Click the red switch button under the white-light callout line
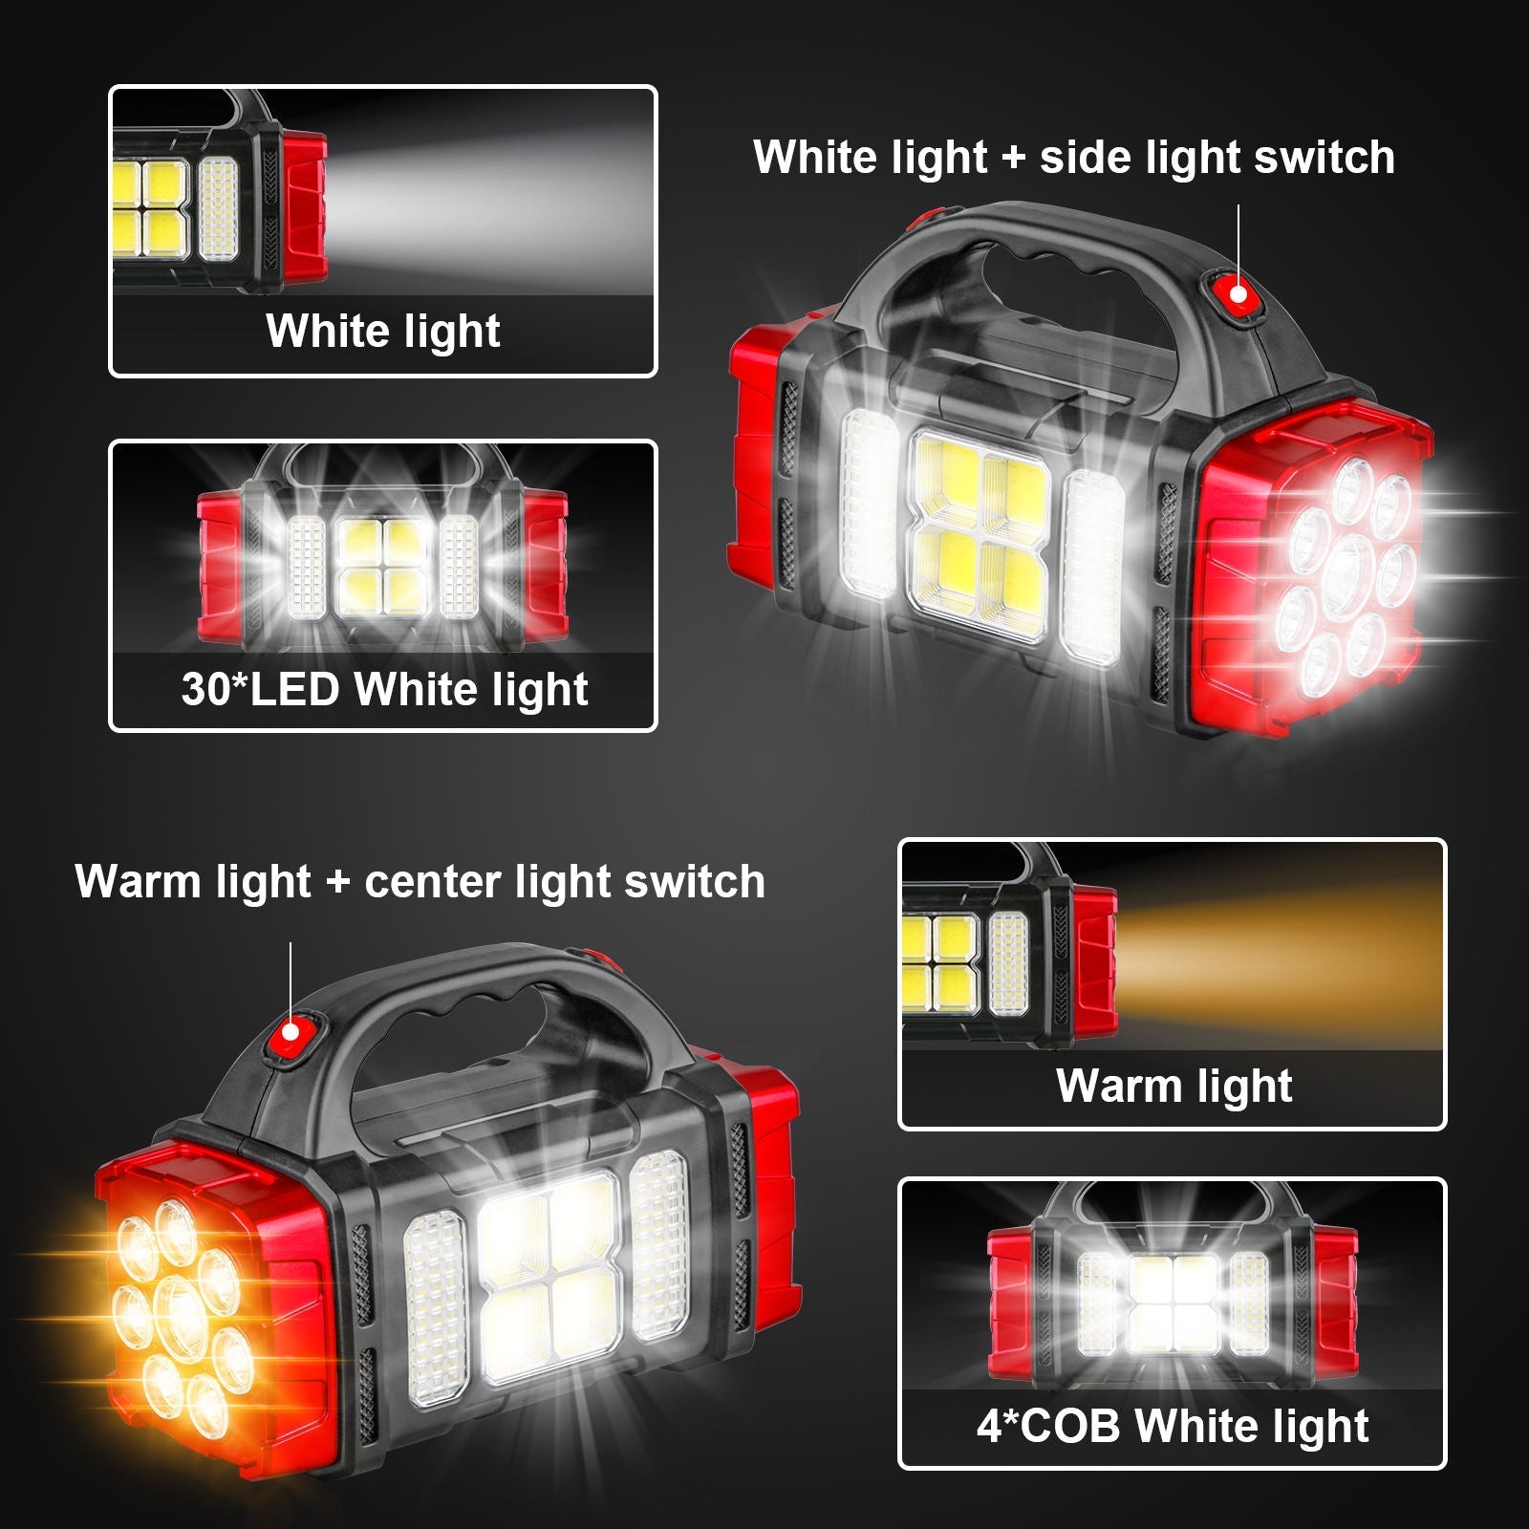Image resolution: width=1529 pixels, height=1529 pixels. [x=1238, y=292]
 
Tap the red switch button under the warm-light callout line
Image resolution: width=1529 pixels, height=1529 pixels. [x=290, y=1034]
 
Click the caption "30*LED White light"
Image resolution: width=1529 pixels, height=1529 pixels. [x=384, y=689]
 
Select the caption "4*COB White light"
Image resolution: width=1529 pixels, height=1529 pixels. [x=1173, y=1426]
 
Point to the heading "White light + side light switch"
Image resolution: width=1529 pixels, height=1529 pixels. [x=1073, y=158]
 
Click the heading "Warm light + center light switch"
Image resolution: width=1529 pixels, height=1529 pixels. [x=420, y=881]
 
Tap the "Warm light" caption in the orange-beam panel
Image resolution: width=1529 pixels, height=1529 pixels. [x=1174, y=1086]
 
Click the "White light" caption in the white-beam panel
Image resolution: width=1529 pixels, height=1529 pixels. [x=383, y=332]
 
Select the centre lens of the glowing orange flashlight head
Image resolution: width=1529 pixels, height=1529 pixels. [x=182, y=1317]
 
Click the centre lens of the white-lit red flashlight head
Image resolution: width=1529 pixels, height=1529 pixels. [x=1349, y=569]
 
